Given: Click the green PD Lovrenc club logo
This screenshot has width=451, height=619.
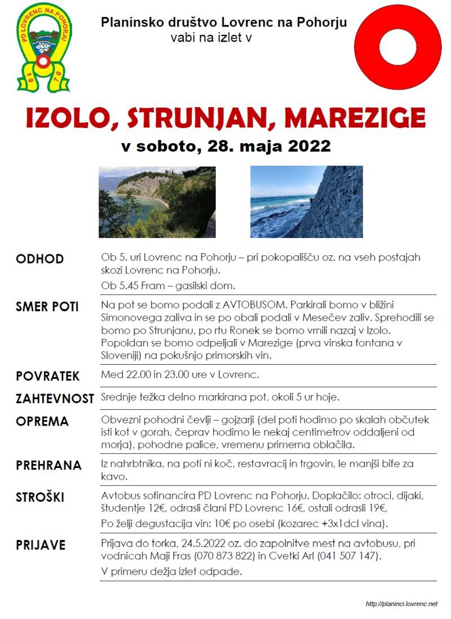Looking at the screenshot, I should tap(44, 47).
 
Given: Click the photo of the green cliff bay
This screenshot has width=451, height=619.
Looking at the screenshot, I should tap(157, 202).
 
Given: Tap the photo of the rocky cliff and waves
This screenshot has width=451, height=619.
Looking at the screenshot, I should tap(307, 202).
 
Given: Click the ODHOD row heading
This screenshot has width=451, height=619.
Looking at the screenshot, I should tap(39, 259).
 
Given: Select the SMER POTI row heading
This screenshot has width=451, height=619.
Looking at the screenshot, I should tap(47, 307).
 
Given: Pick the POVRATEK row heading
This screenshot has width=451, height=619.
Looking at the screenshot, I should tap(48, 376).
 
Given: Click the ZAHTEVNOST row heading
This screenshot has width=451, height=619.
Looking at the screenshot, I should tap(55, 399).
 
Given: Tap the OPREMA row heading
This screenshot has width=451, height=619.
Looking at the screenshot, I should tap(42, 422).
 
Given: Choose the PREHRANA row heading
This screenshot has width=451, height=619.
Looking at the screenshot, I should tap(48, 466).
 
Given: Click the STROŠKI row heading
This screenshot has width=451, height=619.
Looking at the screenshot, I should tap(40, 497).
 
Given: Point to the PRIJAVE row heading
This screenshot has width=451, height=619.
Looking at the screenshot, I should tap(41, 545).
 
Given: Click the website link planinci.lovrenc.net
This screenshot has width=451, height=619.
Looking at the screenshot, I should tap(401, 604).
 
